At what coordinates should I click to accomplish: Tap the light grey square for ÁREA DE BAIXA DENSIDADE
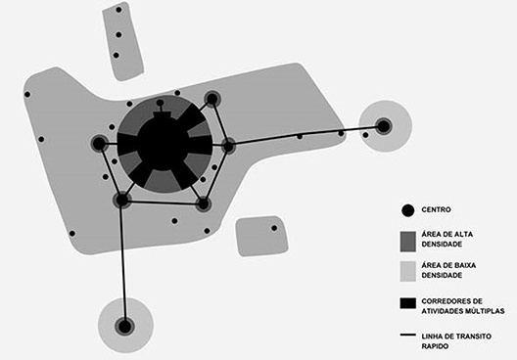point(408,270)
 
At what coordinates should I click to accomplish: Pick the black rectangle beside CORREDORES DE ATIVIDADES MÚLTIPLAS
point(409,305)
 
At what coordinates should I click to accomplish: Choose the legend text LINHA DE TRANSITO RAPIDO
point(455,341)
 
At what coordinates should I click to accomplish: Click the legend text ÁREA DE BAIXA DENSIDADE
point(449,271)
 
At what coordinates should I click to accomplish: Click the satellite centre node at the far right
point(384,125)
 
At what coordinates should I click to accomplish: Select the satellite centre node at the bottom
point(124,325)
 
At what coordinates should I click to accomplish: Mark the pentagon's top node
point(211,98)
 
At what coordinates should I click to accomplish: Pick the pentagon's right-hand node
point(228,146)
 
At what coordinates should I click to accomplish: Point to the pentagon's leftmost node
point(99,144)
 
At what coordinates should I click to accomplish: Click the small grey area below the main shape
point(260,236)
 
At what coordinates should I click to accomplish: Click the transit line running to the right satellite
point(304,136)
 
